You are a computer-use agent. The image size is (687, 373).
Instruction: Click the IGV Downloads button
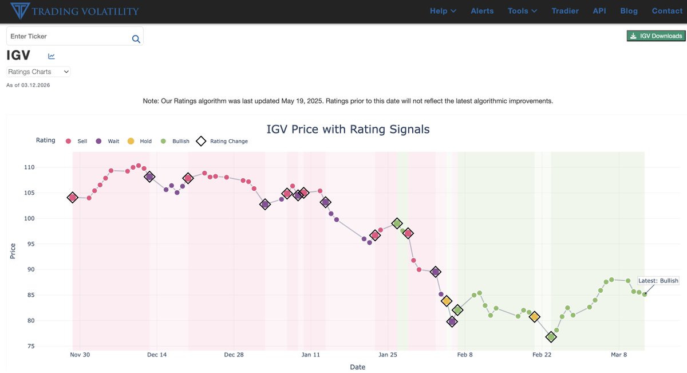coord(657,36)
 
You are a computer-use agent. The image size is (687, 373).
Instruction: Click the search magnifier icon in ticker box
coord(136,39)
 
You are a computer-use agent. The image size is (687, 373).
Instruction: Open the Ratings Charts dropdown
coord(38,72)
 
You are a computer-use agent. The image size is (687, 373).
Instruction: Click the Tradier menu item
coord(565,11)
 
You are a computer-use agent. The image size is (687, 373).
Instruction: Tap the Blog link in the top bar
coord(629,11)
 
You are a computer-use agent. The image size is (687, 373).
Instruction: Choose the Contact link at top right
coord(667,11)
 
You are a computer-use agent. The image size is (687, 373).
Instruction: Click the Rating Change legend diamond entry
coord(223,141)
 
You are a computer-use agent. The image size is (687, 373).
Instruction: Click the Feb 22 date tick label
coord(542,355)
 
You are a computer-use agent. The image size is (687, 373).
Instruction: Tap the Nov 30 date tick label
coord(80,355)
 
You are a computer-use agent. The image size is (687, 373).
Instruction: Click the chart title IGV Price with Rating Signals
coord(348,129)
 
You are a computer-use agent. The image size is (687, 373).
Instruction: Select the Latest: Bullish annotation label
coord(658,281)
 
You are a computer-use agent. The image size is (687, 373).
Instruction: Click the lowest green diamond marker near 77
coord(551,337)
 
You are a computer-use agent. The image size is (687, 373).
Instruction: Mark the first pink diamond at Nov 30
coord(73,197)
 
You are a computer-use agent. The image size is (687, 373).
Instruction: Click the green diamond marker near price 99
coord(397,223)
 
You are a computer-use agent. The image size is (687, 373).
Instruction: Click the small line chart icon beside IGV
coord(52,56)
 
